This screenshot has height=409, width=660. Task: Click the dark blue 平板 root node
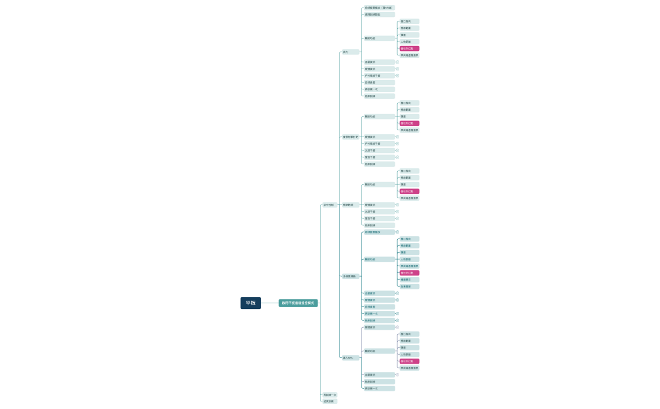[x=250, y=303]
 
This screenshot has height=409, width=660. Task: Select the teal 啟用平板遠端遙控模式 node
[x=298, y=303]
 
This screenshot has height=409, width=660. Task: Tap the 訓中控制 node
[x=329, y=204]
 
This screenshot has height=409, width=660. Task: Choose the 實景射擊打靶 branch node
[x=350, y=137]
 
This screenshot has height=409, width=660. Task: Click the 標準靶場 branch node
[x=348, y=204]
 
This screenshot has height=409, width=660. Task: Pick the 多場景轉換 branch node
[x=349, y=276]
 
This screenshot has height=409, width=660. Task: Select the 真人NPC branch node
[x=349, y=357]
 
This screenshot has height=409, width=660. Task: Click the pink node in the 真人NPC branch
[x=409, y=361]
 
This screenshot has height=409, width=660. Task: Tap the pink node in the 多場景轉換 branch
[x=409, y=272]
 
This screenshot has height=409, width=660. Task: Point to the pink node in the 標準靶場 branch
[x=409, y=191]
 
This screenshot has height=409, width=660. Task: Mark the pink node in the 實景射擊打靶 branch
[x=409, y=123]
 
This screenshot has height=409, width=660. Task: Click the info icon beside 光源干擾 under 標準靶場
[x=397, y=211]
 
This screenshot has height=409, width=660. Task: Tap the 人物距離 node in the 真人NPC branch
[x=409, y=354]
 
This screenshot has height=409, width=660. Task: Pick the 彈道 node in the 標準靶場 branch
[x=409, y=184]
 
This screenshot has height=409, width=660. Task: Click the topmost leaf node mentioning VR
[x=378, y=8]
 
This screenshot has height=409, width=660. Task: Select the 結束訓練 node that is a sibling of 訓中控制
[x=329, y=401]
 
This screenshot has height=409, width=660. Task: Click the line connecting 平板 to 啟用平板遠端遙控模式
[x=270, y=303]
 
